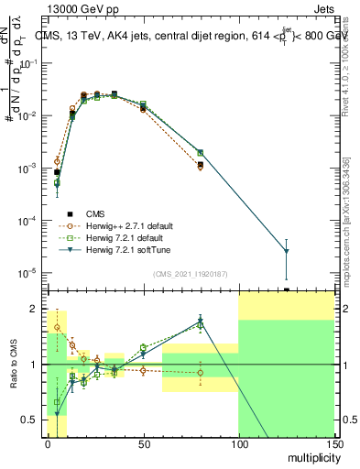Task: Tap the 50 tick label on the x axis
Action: pyautogui.click(x=143, y=443)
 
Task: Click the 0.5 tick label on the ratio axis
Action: pyautogui.click(x=30, y=420)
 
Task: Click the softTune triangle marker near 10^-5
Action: pyautogui.click(x=286, y=251)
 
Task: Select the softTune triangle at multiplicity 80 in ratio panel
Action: pyautogui.click(x=200, y=322)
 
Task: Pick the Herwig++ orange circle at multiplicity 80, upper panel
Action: pyautogui.click(x=200, y=167)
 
